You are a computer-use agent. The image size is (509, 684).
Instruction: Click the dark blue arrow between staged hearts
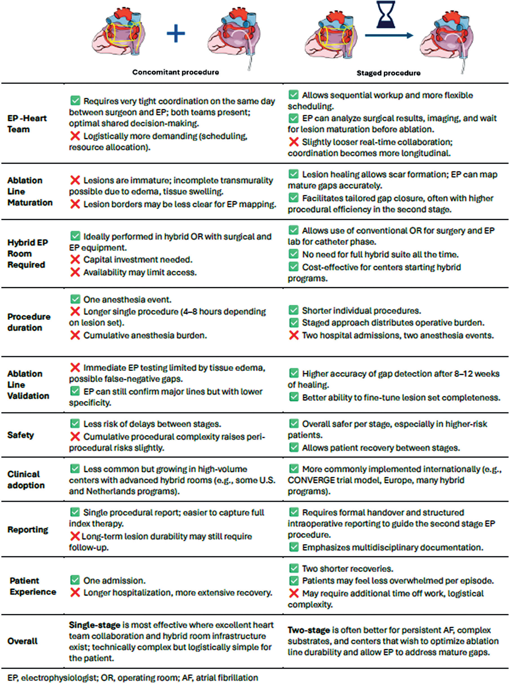pyautogui.click(x=389, y=36)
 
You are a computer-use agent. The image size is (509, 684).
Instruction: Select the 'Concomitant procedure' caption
pyautogui.click(x=176, y=72)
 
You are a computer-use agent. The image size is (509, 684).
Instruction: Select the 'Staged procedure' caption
pyautogui.click(x=388, y=73)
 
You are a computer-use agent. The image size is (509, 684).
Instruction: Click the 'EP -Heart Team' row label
pyautogui.click(x=27, y=124)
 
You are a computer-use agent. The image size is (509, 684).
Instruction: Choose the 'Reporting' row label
pyautogui.click(x=28, y=529)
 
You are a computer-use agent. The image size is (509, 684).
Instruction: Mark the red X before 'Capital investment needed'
pyautogui.click(x=75, y=260)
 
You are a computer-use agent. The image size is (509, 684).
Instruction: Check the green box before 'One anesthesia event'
pyautogui.click(x=75, y=299)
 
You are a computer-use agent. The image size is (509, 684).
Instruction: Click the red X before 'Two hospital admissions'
pyautogui.click(x=294, y=335)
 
